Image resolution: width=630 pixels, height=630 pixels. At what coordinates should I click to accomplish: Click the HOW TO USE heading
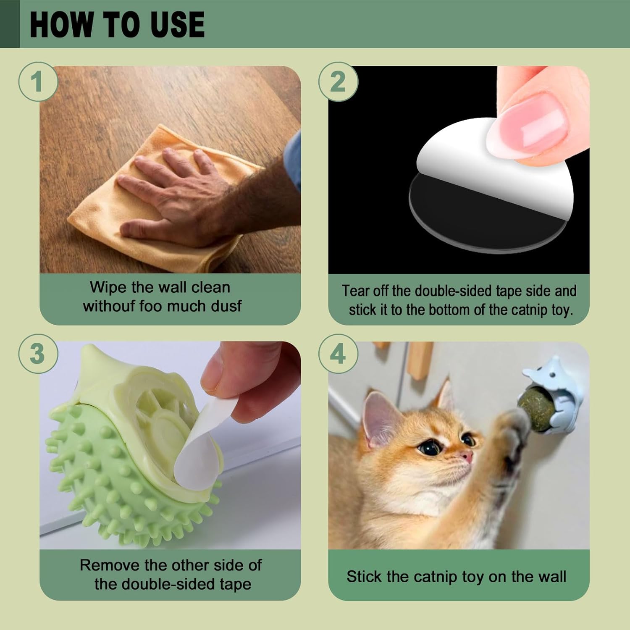[x=117, y=24]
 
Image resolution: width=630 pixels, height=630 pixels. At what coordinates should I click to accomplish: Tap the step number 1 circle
[x=38, y=81]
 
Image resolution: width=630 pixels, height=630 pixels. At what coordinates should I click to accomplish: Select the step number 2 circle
[x=338, y=81]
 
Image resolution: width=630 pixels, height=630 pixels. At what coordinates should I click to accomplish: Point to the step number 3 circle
[x=38, y=354]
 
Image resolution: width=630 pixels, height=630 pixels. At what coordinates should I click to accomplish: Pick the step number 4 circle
[x=338, y=354]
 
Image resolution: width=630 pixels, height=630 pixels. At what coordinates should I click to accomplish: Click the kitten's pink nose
[x=466, y=457]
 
